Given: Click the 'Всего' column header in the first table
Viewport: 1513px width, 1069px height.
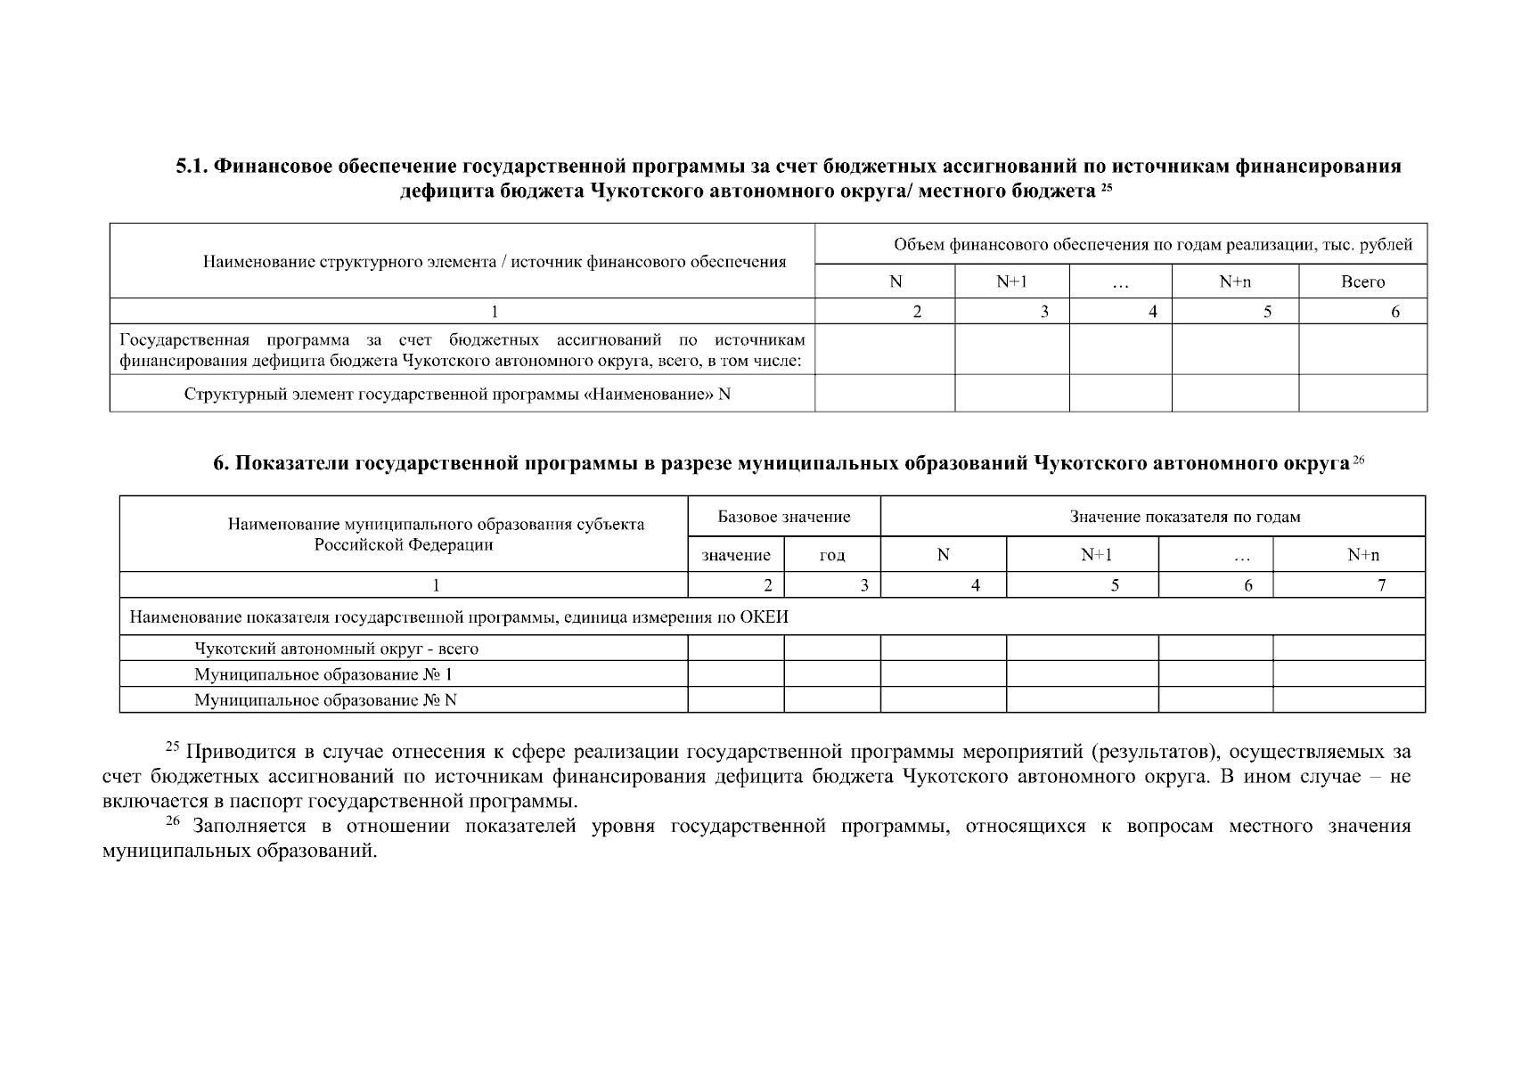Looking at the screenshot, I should pos(1362,282).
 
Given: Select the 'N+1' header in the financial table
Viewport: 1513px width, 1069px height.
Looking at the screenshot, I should pos(1011,282).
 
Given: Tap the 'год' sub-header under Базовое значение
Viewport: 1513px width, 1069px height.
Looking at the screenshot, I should pos(831,555).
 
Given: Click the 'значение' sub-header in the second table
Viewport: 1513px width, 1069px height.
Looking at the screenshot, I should pos(736,555).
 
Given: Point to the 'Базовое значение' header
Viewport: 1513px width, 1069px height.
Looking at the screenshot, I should pos(784,517).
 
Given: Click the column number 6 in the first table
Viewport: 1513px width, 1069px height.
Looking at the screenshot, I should pos(1395,311).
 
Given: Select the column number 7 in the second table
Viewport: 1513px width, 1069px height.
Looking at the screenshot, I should pos(1381,585).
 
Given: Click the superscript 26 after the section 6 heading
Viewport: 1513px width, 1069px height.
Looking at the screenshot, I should pos(1358,460).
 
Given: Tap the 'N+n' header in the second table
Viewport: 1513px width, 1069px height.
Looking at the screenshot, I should pos(1363,555).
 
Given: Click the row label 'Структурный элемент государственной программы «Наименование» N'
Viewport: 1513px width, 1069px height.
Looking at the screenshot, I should pos(457,394).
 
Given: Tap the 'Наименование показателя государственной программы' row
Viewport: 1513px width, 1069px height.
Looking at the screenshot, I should pos(459,617).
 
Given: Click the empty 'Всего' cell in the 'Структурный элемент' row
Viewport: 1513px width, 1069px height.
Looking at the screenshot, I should pos(1362,394).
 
